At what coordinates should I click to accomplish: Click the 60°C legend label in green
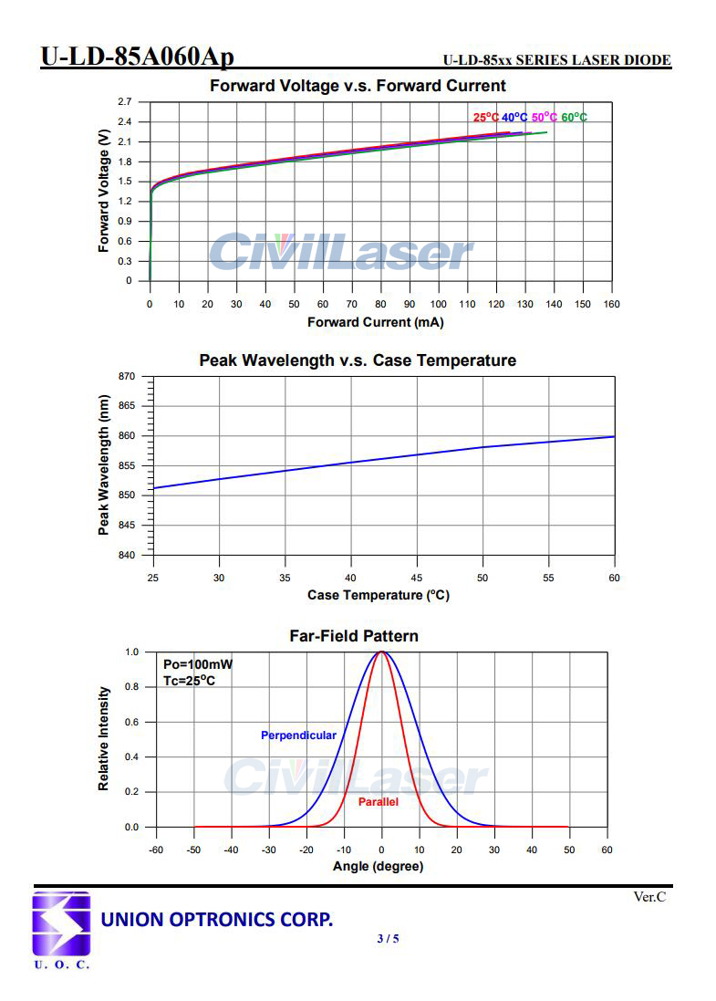(x=574, y=118)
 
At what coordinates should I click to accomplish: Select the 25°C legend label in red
(x=486, y=118)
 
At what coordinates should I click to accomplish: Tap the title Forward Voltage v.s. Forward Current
(x=358, y=87)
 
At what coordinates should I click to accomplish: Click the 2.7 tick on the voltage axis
(x=124, y=101)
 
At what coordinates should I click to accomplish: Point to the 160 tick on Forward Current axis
(x=611, y=304)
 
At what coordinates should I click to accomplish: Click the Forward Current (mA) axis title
(x=375, y=323)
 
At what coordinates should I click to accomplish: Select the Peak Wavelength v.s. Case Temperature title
(x=358, y=360)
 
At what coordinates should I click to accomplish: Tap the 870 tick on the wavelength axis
(x=127, y=377)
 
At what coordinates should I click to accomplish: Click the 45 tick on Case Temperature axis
(x=417, y=578)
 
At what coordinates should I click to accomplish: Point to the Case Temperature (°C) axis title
(x=379, y=596)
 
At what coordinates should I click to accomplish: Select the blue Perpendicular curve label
(x=298, y=735)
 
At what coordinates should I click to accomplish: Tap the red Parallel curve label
(x=378, y=802)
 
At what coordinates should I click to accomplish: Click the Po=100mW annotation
(x=197, y=664)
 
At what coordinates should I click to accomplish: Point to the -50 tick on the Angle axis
(x=193, y=850)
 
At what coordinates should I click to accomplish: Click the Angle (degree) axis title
(x=378, y=867)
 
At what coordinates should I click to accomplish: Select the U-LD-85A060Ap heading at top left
(x=137, y=57)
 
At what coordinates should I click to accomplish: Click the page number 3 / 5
(x=388, y=939)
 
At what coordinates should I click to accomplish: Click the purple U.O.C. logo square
(x=61, y=924)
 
